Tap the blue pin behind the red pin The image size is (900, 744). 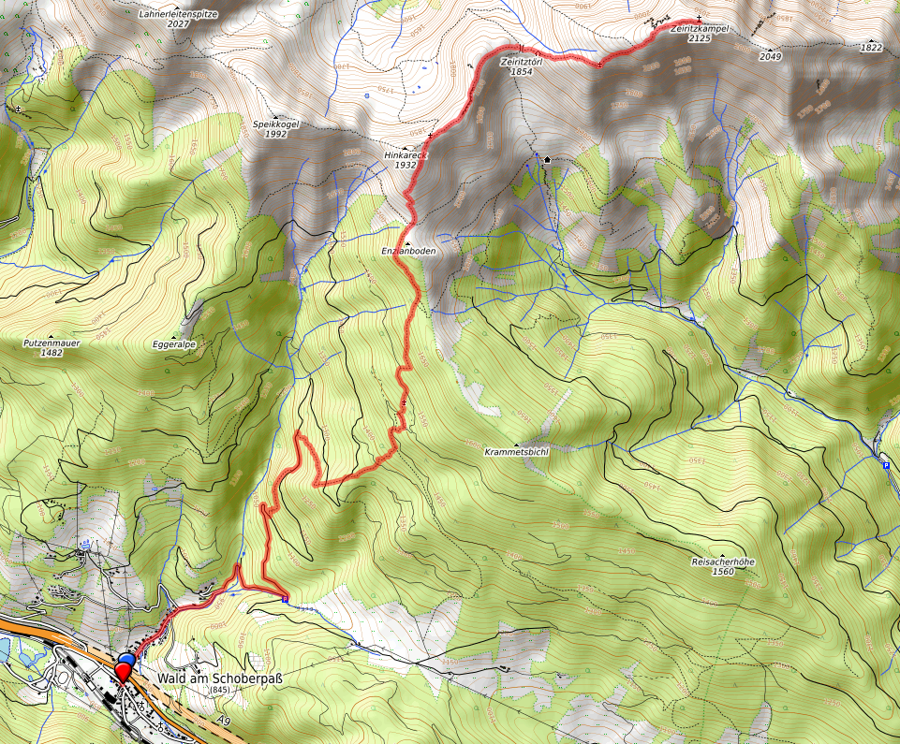click(x=127, y=663)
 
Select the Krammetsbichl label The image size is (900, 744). click(x=516, y=450)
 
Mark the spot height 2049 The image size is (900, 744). click(x=770, y=57)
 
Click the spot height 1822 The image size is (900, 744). click(x=871, y=47)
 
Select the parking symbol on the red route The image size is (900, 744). click(x=285, y=598)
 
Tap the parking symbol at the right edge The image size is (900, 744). click(x=886, y=464)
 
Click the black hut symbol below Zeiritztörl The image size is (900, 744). click(x=547, y=160)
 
